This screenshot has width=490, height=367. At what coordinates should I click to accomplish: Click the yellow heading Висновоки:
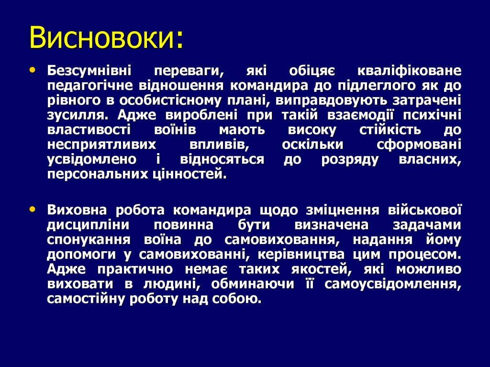106,38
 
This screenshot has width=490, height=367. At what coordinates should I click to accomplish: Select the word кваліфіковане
409,72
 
